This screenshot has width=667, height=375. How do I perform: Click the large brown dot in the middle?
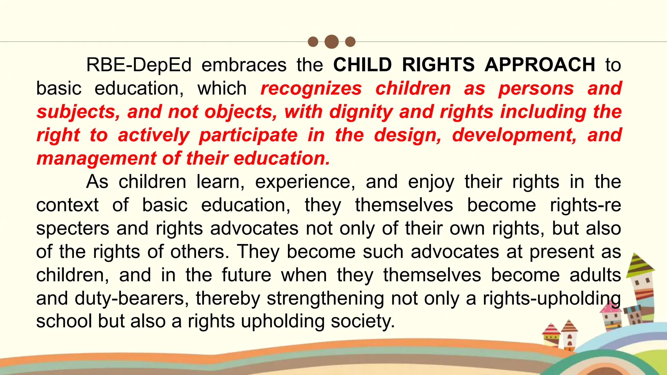pos(332,42)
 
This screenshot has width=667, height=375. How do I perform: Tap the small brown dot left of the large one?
pos(313,42)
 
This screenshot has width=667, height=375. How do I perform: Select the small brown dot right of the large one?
pos(350,42)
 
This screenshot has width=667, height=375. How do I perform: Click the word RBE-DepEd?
pos(139,65)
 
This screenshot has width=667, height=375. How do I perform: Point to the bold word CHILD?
pos(362,65)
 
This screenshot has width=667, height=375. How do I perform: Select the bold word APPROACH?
pos(540,65)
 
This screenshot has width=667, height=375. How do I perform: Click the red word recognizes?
pos(311,88)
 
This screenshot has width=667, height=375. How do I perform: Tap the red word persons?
pos(536,88)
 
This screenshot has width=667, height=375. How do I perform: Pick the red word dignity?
pos(361,112)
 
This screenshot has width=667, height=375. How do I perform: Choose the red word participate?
pos(248,135)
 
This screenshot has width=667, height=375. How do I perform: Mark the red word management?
pos(96,159)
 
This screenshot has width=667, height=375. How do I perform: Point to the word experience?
pos(305,182)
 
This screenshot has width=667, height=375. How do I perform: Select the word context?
pos(67,205)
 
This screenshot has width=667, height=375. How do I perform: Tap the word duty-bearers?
pos(132,298)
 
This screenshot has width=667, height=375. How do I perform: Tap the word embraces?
pos(244,65)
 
